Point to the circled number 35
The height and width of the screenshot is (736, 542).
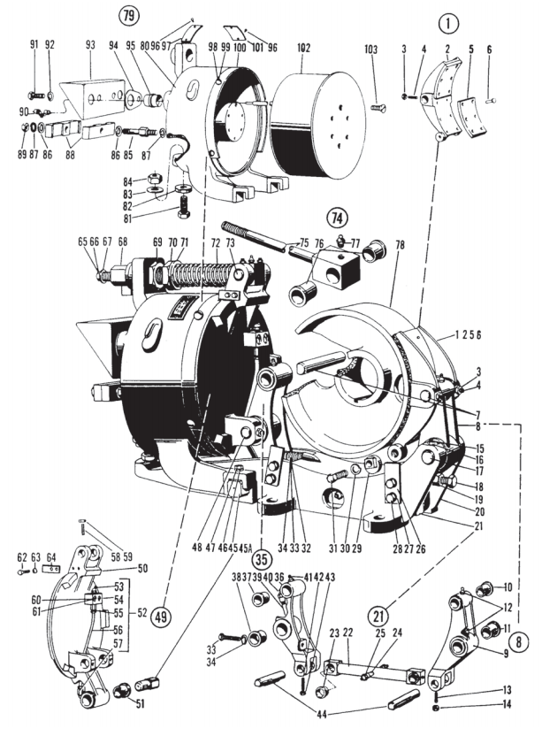pos(261,559)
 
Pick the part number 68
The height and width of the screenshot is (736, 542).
pos(122,241)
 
